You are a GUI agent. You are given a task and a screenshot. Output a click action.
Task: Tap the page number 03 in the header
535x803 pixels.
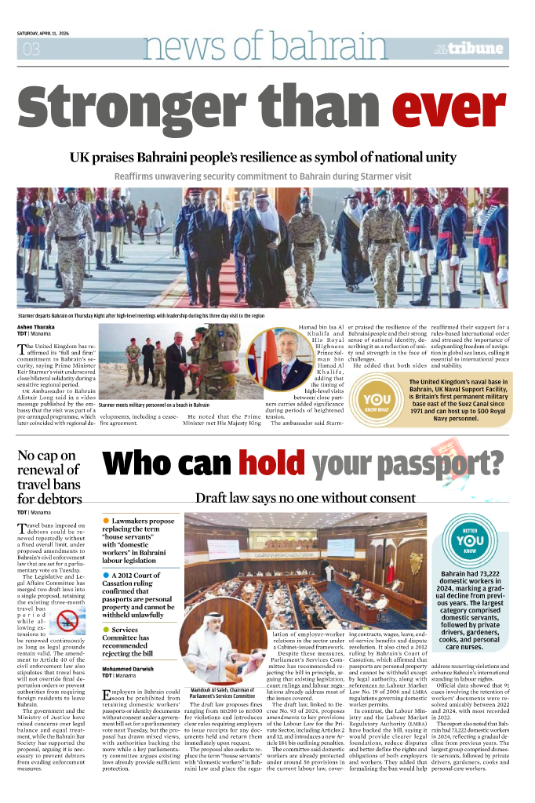pos(31,49)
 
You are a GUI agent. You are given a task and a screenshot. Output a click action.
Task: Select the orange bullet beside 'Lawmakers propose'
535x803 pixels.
pos(106,521)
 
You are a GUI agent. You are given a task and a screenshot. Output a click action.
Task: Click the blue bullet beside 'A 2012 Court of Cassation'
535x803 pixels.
pos(106,576)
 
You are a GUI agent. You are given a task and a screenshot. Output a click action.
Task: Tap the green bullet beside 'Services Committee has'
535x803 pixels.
pos(106,630)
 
